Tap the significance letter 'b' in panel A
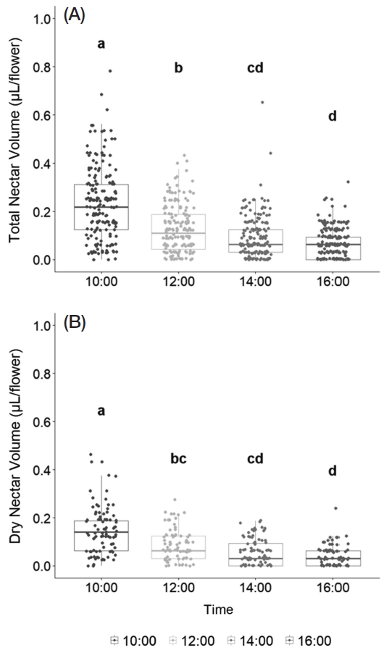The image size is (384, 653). pyautogui.click(x=178, y=68)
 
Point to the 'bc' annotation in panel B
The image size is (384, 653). pyautogui.click(x=178, y=458)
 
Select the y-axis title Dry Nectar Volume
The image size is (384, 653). pyautogui.click(x=14, y=446)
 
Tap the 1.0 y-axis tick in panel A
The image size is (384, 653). pyautogui.click(x=40, y=19)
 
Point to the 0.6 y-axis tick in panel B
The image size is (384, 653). pyautogui.click(x=40, y=421)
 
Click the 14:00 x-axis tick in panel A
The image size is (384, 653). pyautogui.click(x=255, y=282)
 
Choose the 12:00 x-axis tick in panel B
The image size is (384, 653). pyautogui.click(x=178, y=588)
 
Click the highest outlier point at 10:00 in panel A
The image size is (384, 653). pyautogui.click(x=110, y=71)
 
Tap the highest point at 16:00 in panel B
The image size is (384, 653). pyautogui.click(x=335, y=508)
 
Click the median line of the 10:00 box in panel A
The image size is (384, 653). pyautogui.click(x=101, y=207)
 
